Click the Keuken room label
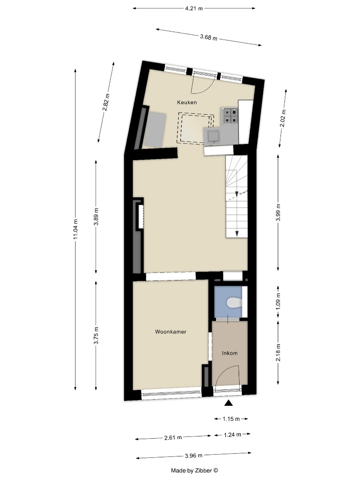tap(187, 102)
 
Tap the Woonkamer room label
tap(171, 332)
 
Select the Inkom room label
tap(230, 353)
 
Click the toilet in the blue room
tap(234, 303)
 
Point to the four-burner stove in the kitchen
tap(230, 115)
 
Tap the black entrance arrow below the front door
tap(228, 403)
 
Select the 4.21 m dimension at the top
tap(194, 8)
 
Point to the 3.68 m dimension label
tap(208, 37)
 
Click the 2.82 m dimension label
tap(106, 102)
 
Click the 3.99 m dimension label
tap(278, 212)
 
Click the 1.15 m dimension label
tap(231, 419)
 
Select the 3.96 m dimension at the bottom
tap(193, 456)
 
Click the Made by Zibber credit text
tap(195, 470)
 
